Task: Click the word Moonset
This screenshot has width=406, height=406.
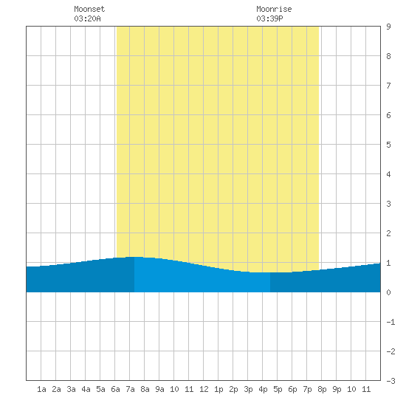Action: [89, 9]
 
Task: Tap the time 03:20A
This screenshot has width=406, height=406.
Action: [87, 18]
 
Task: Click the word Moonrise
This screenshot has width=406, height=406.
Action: [274, 9]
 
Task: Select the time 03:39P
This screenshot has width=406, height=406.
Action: [269, 18]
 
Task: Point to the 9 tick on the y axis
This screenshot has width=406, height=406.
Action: [388, 27]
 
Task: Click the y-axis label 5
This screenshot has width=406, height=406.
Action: [388, 145]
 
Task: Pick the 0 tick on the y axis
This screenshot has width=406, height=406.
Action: [388, 292]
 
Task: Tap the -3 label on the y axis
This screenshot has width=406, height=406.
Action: [390, 381]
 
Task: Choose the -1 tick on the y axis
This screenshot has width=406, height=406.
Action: [390, 322]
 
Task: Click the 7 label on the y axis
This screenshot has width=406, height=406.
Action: [388, 86]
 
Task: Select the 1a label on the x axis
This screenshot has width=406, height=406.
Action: [41, 389]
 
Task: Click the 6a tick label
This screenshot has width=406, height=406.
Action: [115, 389]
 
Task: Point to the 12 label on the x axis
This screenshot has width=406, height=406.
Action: [204, 389]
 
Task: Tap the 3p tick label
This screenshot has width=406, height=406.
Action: [248, 389]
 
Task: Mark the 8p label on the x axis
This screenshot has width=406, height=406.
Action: [322, 389]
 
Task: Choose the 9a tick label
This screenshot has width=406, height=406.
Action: [159, 389]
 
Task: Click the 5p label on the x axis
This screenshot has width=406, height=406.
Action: [278, 389]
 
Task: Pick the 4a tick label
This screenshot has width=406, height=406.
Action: [86, 389]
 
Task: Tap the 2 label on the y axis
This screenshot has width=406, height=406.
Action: [388, 233]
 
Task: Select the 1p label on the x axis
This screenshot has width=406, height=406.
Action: [219, 389]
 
